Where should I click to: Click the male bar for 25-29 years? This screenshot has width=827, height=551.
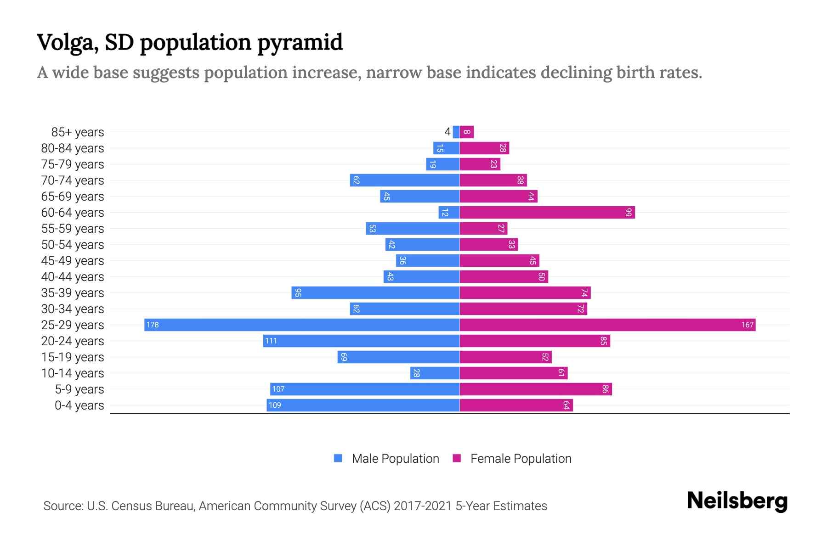coord(302,325)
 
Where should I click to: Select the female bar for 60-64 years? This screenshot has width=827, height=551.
coord(547,213)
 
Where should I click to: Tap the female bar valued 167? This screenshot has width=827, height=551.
coord(607,325)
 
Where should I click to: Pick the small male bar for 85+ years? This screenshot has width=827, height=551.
coord(456,132)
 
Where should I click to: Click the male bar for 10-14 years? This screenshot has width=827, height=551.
coord(435,373)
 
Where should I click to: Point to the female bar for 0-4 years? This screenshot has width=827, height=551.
coord(516,405)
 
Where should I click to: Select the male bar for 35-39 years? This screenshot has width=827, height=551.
coord(375,293)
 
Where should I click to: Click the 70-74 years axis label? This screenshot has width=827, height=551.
coord(73,180)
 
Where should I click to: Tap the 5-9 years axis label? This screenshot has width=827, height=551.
coord(79,389)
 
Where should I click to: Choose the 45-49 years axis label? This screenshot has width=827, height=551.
coord(73,261)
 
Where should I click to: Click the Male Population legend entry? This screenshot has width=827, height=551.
coord(395,459)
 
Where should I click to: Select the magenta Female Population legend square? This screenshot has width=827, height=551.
coord(457,458)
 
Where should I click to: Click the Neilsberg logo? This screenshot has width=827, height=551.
coord(737,501)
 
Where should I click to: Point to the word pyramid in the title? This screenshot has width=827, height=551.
coord(300,43)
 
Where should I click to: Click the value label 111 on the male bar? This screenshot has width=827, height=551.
coord(271,341)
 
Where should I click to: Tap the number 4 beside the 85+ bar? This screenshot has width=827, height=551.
coord(447,132)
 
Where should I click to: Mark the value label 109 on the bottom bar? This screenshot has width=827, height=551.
coord(275,405)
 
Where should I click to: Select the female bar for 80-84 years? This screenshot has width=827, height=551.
coord(484,148)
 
